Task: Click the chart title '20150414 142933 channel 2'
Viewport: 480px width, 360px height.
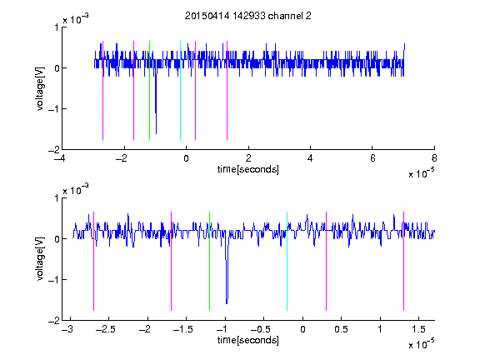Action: pos(248,16)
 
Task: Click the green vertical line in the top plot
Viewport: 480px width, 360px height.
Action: pos(149,90)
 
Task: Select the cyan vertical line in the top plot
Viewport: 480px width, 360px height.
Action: pos(180,90)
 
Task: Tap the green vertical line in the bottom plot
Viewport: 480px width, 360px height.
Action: pos(209,261)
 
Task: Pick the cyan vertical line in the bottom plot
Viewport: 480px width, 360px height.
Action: pos(287,261)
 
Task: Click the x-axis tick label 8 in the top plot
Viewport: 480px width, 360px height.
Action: pos(434,158)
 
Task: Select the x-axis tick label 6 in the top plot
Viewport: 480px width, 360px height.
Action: pos(372,158)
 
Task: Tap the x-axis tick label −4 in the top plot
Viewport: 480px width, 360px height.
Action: pos(59,158)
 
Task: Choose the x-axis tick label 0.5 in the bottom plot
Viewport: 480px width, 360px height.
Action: pos(341,329)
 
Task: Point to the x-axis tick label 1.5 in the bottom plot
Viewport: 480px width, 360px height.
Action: pos(418,329)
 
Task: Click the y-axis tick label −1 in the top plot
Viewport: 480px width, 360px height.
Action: pos(54,109)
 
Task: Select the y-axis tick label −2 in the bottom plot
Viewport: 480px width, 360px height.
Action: pos(54,321)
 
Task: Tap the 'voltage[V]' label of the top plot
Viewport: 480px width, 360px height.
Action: pos(40,88)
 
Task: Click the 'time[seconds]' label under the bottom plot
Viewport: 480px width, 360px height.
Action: pos(248,340)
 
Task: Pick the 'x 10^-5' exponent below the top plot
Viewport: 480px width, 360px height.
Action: pos(421,172)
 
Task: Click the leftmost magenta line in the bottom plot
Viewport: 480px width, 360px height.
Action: pos(93,261)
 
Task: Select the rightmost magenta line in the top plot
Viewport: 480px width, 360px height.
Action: pos(227,90)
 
